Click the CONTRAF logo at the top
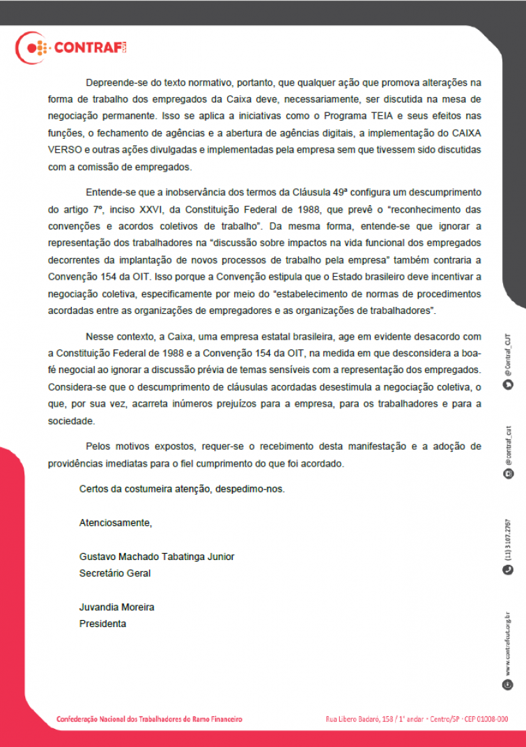71,48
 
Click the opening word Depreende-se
113,82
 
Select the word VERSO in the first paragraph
64,149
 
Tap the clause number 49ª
327,192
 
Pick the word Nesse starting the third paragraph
99,335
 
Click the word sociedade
70,421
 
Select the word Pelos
98,446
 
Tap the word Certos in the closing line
94,489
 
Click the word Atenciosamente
115,522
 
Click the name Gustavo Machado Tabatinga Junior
157,557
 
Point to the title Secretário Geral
115,573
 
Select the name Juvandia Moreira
117,607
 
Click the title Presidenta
103,624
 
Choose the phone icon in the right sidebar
508,570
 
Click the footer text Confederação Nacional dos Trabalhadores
149,718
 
